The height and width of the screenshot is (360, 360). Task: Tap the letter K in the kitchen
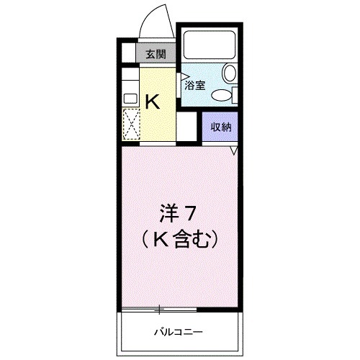click(152, 102)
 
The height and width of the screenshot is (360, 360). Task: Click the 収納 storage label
click(220, 127)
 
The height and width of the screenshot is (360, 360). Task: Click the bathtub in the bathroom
click(210, 45)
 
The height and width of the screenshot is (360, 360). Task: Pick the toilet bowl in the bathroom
click(230, 72)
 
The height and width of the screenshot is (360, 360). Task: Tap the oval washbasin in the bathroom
click(222, 94)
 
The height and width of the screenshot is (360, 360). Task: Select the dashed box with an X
click(130, 124)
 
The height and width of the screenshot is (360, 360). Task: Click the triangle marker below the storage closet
click(234, 150)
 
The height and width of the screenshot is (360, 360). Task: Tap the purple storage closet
click(220, 128)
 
